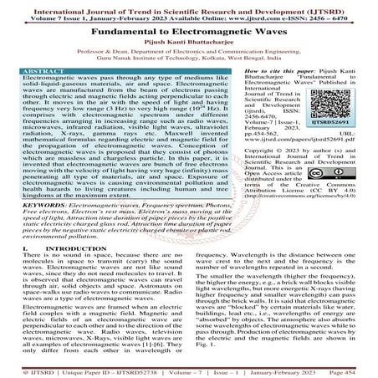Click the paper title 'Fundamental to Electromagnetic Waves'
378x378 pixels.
pos(188,28)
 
